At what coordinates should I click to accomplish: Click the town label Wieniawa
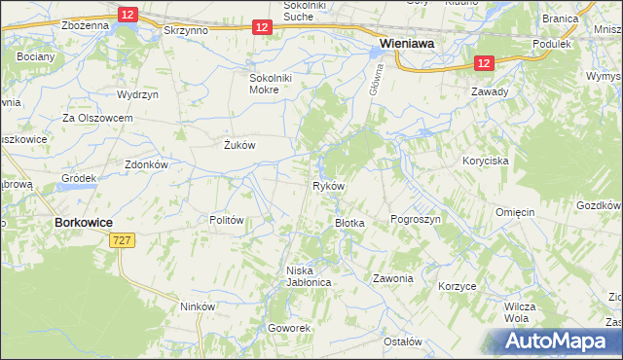coord(407,44)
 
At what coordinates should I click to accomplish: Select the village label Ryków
coord(328,185)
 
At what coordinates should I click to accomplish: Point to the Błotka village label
coord(349,223)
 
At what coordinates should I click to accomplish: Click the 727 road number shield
coord(122,240)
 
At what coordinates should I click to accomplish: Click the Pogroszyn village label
coord(416,220)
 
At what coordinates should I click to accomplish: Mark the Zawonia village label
coord(393,278)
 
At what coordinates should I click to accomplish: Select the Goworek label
coord(290,328)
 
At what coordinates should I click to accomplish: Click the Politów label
coord(226,220)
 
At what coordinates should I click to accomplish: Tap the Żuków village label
coord(239,145)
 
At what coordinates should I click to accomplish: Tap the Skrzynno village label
coord(188,31)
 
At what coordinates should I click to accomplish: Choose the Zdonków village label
coord(147,164)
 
